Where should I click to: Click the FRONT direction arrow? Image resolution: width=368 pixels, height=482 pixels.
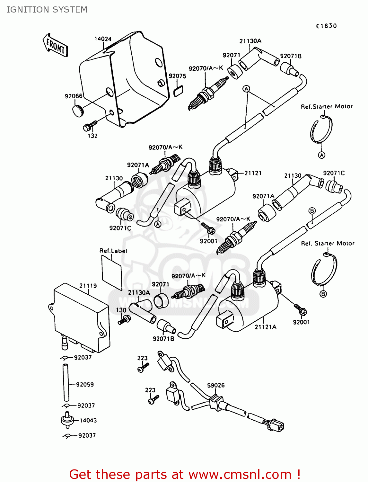point(56,46)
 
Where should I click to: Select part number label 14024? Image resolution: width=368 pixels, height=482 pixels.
point(103,39)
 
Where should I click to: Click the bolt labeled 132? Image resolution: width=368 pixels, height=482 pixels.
point(90,126)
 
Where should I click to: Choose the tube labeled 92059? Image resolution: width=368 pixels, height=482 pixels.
point(66,382)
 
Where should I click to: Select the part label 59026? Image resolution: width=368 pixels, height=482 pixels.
point(216,385)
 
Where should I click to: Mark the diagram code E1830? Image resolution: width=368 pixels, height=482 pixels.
point(326,26)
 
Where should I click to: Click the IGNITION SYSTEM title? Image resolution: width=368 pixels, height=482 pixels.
point(47,10)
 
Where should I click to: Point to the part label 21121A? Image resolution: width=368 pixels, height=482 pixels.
point(265,327)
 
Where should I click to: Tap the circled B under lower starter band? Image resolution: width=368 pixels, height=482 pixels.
point(323,294)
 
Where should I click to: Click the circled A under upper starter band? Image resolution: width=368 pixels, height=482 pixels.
point(321,155)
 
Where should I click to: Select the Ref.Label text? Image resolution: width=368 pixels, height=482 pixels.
point(113,251)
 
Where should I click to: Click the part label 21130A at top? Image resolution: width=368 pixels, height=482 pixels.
point(250,41)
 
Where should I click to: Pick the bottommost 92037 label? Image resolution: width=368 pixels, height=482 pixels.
point(87,435)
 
